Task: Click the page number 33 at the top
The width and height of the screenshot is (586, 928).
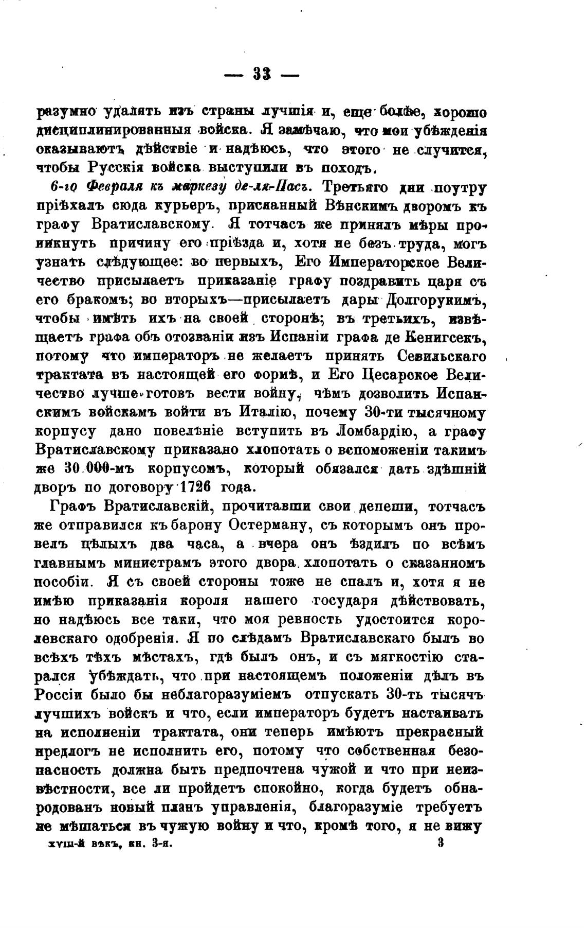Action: pyautogui.click(x=262, y=75)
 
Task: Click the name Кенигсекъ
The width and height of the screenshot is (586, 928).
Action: pyautogui.click(x=442, y=338)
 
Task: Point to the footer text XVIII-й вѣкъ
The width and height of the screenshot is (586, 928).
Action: pyautogui.click(x=75, y=844)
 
